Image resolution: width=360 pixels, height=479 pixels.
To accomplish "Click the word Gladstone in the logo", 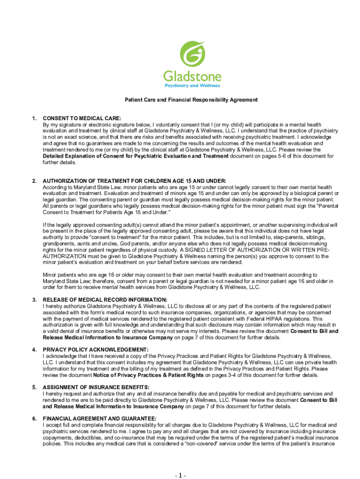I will [192, 76].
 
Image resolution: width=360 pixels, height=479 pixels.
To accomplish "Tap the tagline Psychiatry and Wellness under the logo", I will [192, 86].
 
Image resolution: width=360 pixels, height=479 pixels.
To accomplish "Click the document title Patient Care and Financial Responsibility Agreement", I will [191, 100].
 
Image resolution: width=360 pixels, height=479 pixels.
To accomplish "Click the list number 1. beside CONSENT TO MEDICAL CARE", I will [35, 119].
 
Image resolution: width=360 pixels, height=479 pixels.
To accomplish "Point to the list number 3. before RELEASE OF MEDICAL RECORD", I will [35, 299].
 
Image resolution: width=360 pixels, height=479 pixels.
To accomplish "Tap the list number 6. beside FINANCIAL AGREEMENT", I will [35, 418].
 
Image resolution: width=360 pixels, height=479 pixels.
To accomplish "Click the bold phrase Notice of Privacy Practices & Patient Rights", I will [148, 375].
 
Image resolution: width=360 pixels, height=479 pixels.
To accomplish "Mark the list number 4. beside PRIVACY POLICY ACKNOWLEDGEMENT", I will [35, 349].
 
